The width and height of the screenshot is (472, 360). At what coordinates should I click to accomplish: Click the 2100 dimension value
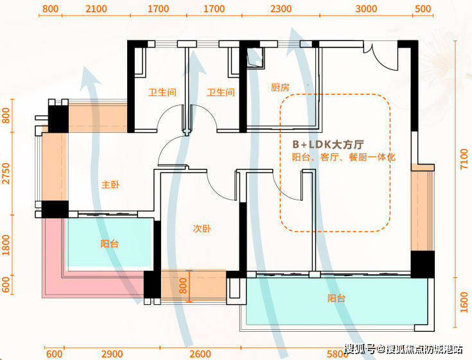96,9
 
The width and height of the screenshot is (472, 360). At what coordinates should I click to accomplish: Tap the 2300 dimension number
281,9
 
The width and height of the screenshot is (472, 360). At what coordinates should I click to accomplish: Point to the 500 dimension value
423,9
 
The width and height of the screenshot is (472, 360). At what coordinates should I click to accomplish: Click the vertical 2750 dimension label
6,174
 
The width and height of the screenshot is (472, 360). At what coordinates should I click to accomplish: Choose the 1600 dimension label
465,301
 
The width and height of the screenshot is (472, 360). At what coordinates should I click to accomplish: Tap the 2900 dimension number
112,354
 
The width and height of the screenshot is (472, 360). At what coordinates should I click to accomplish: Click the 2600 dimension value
200,354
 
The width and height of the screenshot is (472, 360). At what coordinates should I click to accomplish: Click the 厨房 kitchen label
281,88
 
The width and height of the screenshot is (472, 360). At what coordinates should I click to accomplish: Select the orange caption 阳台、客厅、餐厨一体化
335,158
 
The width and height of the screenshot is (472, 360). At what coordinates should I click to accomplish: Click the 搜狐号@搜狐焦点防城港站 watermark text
403,349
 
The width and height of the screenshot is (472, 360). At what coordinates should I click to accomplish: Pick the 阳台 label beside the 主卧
110,244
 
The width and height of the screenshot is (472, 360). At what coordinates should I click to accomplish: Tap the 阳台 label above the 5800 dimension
337,298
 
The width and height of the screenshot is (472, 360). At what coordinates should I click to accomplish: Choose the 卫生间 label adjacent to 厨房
220,92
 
